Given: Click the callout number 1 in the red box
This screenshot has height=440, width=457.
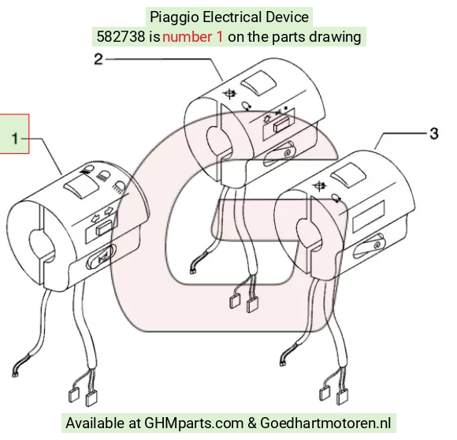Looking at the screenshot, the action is (15, 139).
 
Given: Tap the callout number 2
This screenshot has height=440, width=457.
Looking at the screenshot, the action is (98, 59).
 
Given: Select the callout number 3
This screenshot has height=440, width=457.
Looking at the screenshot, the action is (434, 133).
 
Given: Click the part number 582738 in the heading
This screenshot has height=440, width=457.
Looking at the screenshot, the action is (121, 37).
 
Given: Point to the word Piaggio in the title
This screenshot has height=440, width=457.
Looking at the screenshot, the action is (175, 17).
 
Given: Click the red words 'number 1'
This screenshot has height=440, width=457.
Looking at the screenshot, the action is (193, 37).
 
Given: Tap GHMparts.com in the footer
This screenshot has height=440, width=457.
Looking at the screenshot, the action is (194, 423).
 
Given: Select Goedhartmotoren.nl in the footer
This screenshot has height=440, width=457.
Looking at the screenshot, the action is (325, 423).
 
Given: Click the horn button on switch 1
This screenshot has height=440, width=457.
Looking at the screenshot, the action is (101, 257).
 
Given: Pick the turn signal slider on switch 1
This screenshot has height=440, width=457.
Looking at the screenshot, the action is (103, 227).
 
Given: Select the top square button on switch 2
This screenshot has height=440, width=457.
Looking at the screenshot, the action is (258, 83).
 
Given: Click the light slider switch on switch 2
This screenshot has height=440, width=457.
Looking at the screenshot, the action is (281, 124).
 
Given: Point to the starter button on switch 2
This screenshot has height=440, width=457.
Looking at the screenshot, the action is (280, 154).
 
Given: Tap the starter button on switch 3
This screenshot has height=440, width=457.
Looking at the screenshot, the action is (369, 246).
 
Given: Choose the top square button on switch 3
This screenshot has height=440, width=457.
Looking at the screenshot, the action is (349, 175).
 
